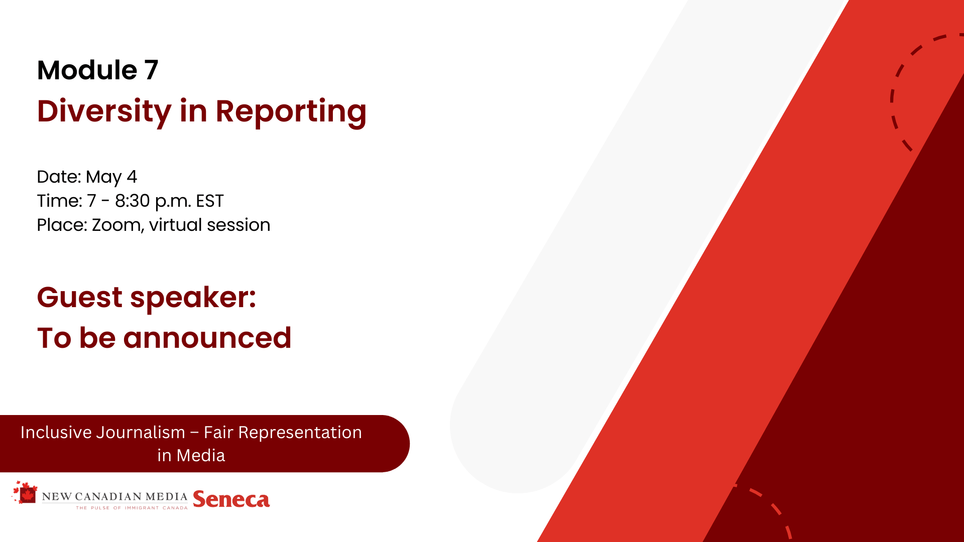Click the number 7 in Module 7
coord(152,70)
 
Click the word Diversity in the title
coord(104,112)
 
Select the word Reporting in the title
coord(291,112)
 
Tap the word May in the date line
coord(103,178)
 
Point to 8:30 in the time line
coord(133,201)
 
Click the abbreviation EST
coord(210,201)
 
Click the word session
coord(238,225)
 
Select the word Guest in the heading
coord(80,297)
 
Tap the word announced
coord(207,338)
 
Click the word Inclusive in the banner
coord(63,433)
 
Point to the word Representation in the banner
coord(300,433)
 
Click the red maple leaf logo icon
coord(25,493)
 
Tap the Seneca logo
coord(231,499)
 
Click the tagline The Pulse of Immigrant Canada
coord(132,508)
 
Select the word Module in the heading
coord(87,70)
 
